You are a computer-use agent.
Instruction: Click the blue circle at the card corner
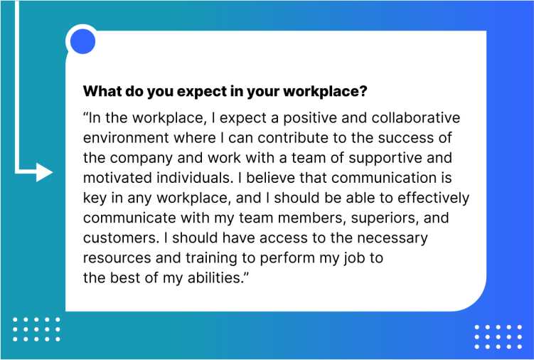[x=82, y=41]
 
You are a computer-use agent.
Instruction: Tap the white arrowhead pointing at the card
[x=44, y=172]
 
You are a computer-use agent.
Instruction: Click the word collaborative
[x=416, y=117]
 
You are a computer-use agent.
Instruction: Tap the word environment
[x=126, y=138]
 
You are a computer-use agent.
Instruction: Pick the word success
[x=410, y=138]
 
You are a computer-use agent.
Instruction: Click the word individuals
[x=193, y=178]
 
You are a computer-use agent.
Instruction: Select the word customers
[x=121, y=238]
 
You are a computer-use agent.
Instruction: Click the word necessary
[x=393, y=238]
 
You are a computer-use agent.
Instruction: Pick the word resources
[x=117, y=258]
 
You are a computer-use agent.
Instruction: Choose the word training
[x=211, y=258]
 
